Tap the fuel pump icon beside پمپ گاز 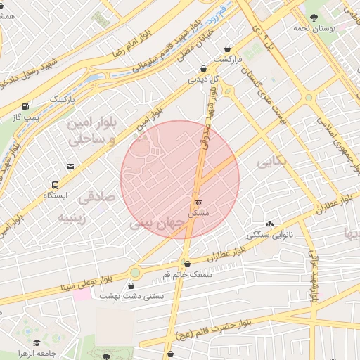click(26, 107)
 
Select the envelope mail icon click(70, 167)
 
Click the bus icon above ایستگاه click(54, 184)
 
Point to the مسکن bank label click(198, 211)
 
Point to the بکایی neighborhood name click(272, 162)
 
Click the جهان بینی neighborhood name click(157, 225)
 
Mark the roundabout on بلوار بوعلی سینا click(134, 273)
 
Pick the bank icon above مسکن click(198, 202)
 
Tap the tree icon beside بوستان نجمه click(312, 15)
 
